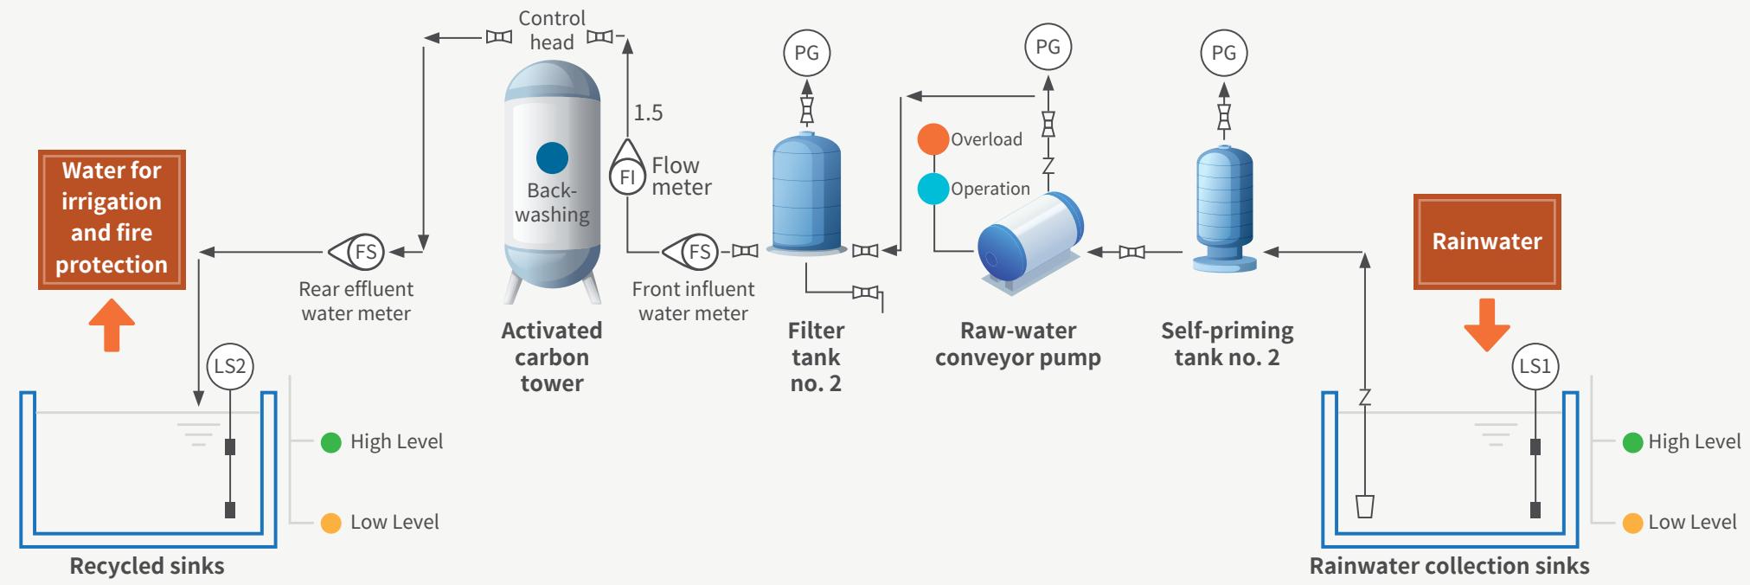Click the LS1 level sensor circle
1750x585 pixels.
pyautogui.click(x=1535, y=366)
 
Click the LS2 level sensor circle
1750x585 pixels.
pyautogui.click(x=229, y=366)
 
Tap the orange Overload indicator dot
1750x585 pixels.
pyautogui.click(x=933, y=139)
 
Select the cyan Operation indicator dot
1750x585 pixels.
pyautogui.click(x=933, y=189)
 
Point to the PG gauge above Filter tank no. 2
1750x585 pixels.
pyautogui.click(x=806, y=53)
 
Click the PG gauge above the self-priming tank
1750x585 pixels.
pyautogui.click(x=1224, y=53)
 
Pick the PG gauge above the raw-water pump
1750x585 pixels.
pyautogui.click(x=1048, y=47)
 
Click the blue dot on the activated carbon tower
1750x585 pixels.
pyautogui.click(x=552, y=158)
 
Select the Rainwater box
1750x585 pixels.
pyautogui.click(x=1487, y=241)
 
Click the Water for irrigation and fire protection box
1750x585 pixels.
pyautogui.click(x=112, y=219)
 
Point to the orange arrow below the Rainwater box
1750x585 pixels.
pyautogui.click(x=1487, y=325)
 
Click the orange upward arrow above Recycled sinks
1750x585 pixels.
pyautogui.click(x=112, y=325)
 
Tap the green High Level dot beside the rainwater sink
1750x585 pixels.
pyautogui.click(x=1632, y=442)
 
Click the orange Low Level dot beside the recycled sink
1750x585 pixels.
pyautogui.click(x=330, y=523)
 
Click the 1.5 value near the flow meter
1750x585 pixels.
pyautogui.click(x=648, y=112)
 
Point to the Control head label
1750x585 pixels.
pyautogui.click(x=552, y=30)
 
